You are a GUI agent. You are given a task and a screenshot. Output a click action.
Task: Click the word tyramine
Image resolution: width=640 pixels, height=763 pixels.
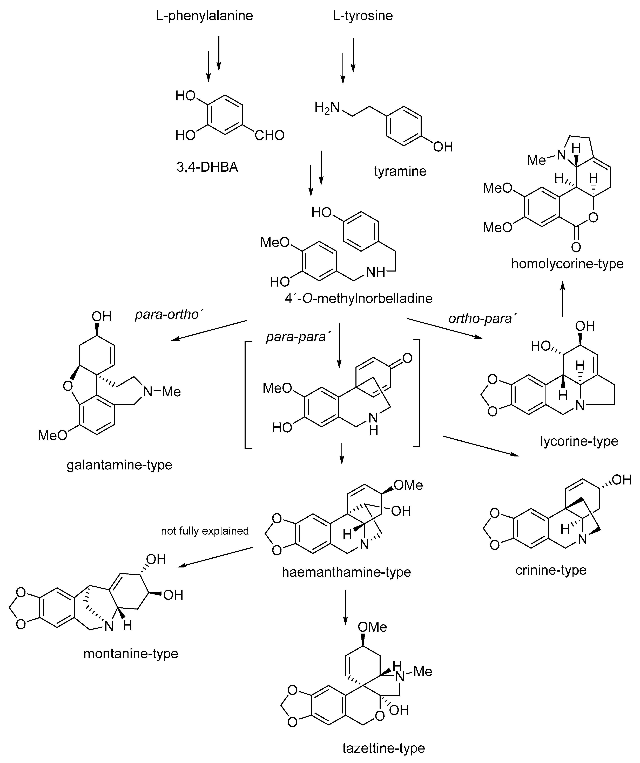coord(400,171)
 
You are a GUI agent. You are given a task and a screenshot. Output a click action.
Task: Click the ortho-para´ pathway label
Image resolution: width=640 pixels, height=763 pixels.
coord(483,319)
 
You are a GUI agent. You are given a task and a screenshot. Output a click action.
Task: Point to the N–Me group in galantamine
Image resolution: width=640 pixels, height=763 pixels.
coord(162,392)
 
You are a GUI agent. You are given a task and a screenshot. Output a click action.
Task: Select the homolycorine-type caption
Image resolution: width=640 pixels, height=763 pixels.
coord(567,263)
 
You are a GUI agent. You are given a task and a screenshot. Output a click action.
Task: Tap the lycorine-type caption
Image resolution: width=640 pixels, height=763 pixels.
coord(579,441)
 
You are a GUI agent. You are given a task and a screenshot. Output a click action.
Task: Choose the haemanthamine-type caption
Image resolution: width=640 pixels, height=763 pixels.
coord(346,572)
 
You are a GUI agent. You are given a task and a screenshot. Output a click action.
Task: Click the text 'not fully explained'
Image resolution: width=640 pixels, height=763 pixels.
coord(205,531)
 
